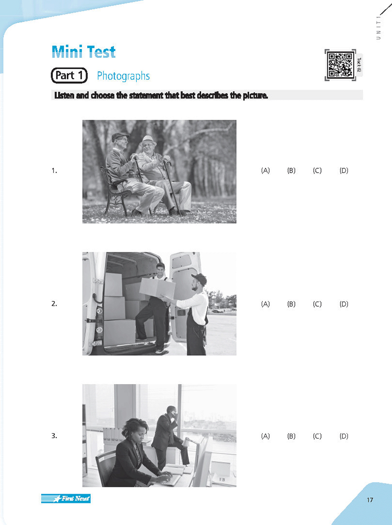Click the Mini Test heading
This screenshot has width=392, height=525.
83,52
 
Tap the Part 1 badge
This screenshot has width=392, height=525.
69,76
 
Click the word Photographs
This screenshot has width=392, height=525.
123,76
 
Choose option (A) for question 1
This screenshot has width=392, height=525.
266,171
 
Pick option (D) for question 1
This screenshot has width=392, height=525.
343,171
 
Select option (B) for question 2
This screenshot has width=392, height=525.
292,304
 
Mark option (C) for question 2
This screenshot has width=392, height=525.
317,304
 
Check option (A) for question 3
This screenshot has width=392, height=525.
266,436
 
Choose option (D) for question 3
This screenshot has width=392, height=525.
343,436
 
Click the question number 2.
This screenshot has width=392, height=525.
54,304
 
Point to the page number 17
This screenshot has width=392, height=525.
369,500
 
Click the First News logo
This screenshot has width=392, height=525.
66,499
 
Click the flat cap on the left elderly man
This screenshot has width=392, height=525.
120,136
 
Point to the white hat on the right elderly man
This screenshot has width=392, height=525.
147,139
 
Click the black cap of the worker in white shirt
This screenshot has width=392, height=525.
199,279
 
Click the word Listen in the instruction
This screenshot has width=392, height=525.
64,96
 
